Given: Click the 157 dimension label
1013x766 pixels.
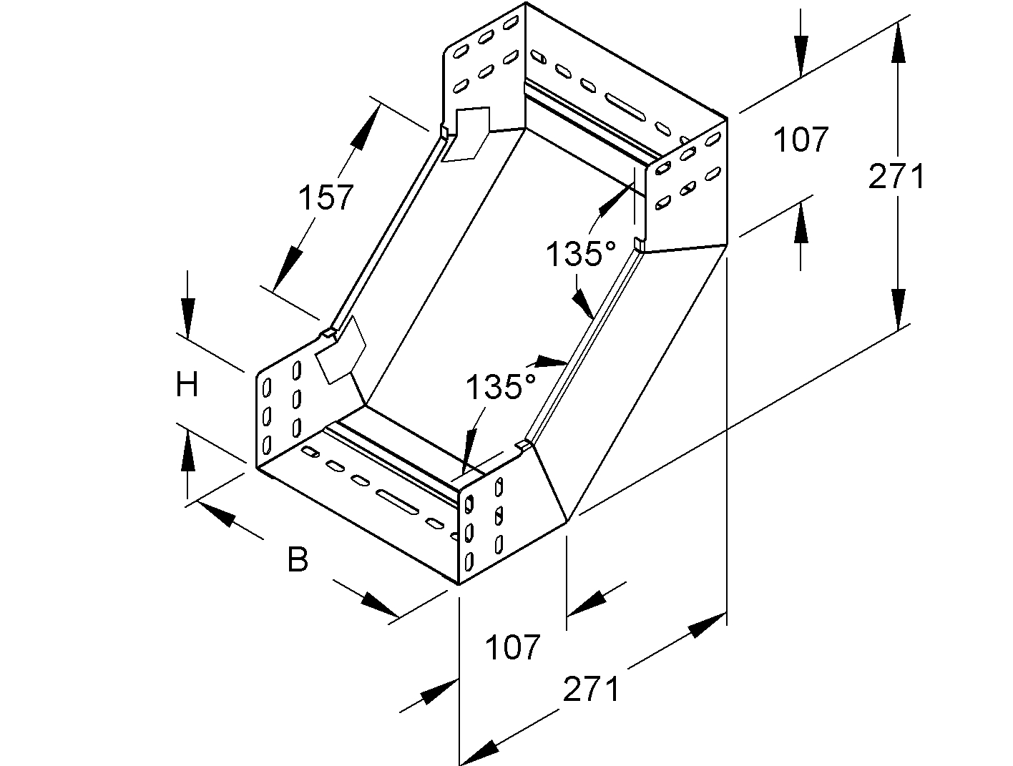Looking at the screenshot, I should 326,197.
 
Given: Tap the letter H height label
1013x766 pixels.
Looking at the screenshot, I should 187,386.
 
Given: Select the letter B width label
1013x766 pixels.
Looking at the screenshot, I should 298,559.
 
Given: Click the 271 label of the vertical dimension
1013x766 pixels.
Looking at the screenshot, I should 896,177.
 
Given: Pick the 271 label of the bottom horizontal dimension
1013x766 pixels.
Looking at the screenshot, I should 591,690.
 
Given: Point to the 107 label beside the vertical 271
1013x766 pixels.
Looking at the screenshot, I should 801,140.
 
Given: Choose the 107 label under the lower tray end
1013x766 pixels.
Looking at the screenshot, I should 513,648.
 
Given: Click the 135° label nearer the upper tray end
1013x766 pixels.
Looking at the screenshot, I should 581,254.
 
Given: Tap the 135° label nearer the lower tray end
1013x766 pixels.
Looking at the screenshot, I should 501,387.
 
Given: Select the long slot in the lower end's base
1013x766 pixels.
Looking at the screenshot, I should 398,502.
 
